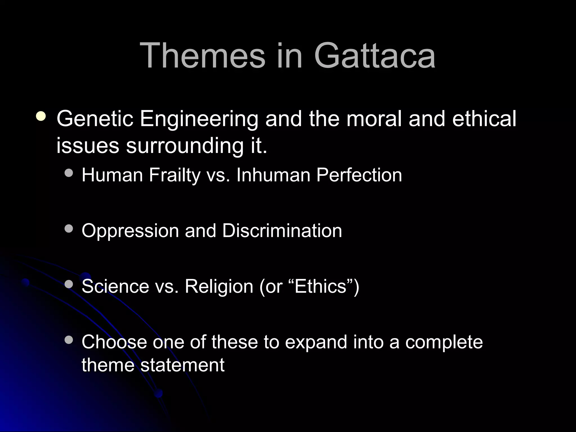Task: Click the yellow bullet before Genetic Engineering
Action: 41,116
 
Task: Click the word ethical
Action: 484,119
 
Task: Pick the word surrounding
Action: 184,146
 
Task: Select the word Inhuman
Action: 273,175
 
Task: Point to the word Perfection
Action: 359,175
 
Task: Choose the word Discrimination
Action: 282,231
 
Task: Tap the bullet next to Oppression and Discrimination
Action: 69,229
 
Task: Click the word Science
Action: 115,286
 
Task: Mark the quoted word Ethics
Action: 320,286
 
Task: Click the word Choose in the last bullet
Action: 114,342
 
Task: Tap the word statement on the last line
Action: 182,365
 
